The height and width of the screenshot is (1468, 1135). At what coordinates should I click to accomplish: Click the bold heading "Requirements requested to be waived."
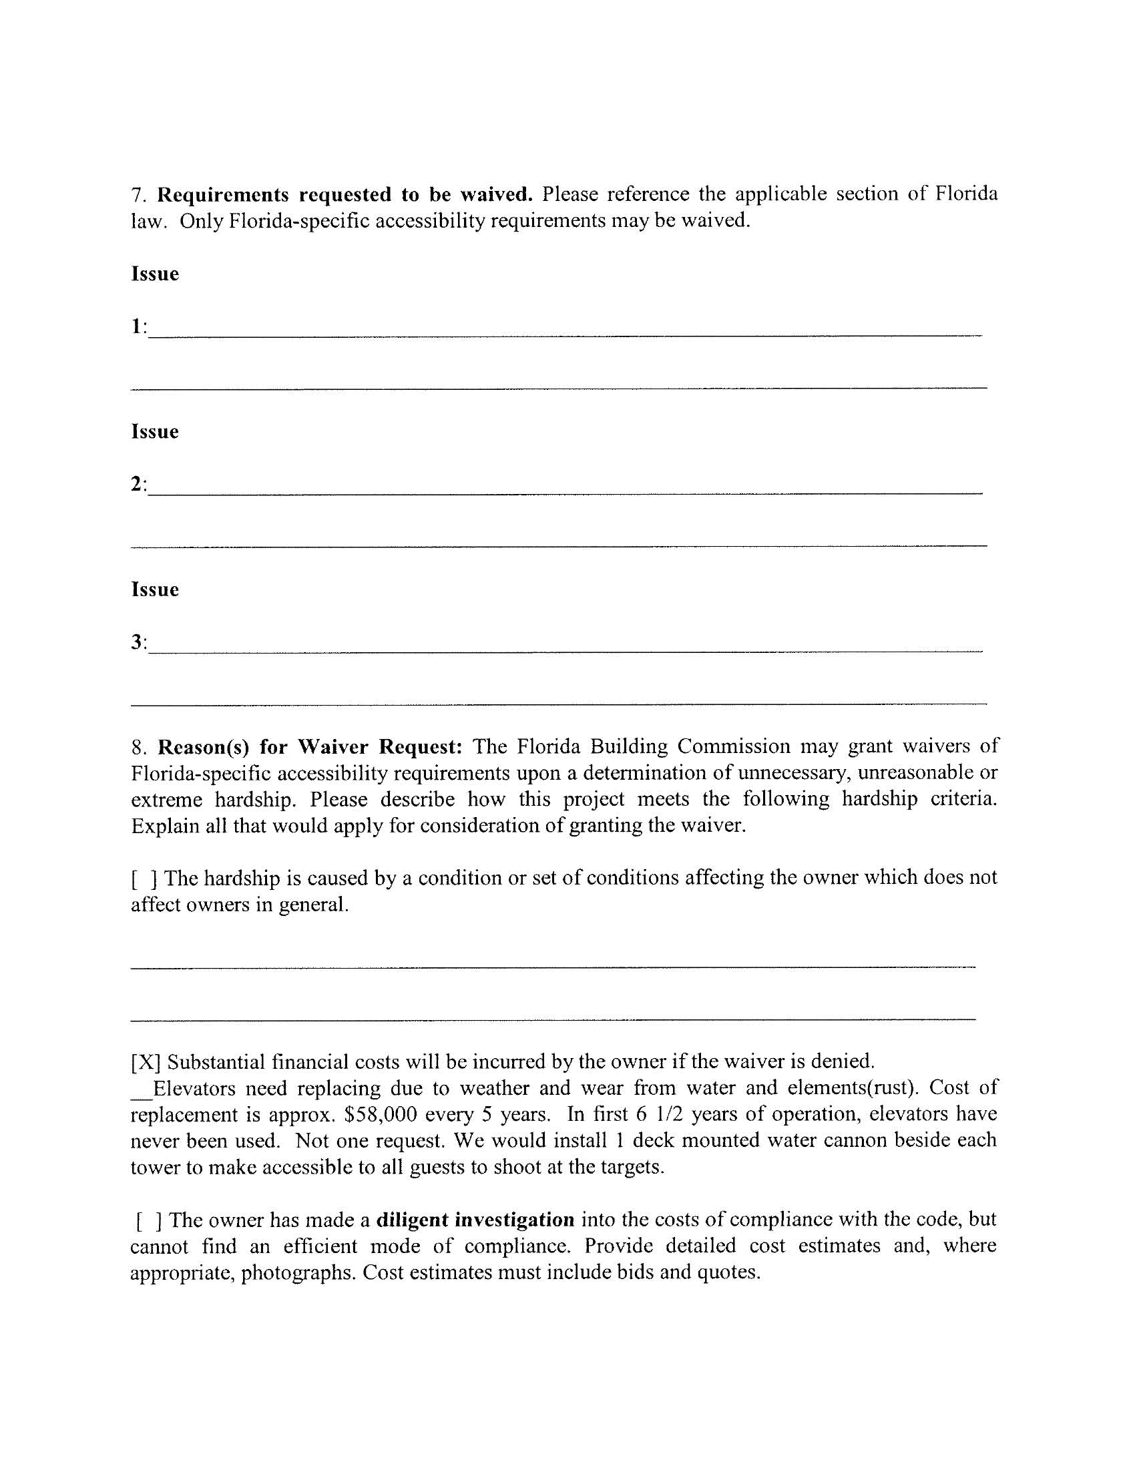tap(345, 195)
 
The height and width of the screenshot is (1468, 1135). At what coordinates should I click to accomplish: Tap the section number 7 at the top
tap(137, 195)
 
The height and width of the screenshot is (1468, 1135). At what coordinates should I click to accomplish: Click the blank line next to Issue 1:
tap(565, 330)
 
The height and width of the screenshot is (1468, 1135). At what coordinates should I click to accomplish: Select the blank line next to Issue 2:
tap(565, 489)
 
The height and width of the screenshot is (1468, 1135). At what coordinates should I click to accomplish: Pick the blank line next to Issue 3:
tap(565, 647)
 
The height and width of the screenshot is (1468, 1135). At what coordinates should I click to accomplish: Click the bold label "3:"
tap(138, 643)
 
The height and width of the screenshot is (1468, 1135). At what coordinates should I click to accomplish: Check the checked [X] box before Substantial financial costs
tap(146, 1062)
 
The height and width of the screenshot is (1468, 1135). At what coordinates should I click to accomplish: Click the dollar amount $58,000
tap(376, 1114)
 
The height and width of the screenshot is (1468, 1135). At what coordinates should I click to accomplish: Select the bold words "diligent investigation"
tap(475, 1219)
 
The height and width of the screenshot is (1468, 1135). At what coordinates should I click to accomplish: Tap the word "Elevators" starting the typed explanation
tap(194, 1088)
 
